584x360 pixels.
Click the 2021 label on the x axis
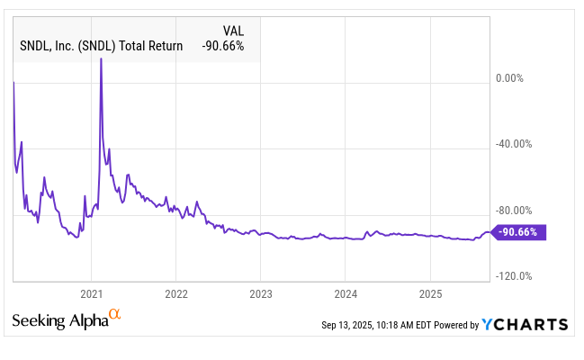92,293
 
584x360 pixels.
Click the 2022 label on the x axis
176,293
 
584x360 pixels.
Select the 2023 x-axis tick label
261,293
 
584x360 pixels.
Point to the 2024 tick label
346,293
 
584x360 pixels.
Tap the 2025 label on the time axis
430,293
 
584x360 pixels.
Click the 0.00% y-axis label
509,77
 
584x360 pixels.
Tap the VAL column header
231,28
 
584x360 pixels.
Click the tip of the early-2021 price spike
101,59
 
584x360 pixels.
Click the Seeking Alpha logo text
58,320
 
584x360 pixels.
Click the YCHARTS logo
525,324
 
